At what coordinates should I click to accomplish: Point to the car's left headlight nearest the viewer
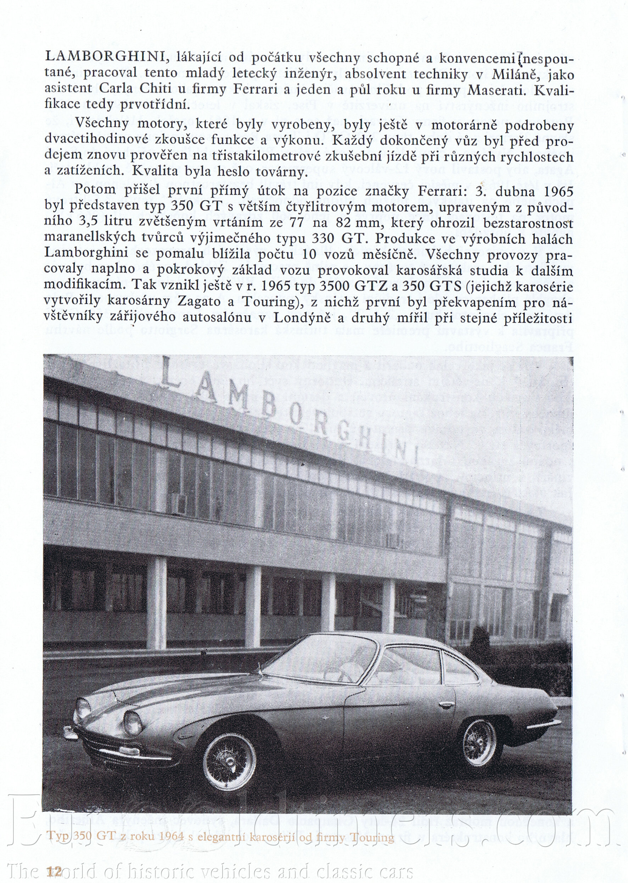tap(133, 722)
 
